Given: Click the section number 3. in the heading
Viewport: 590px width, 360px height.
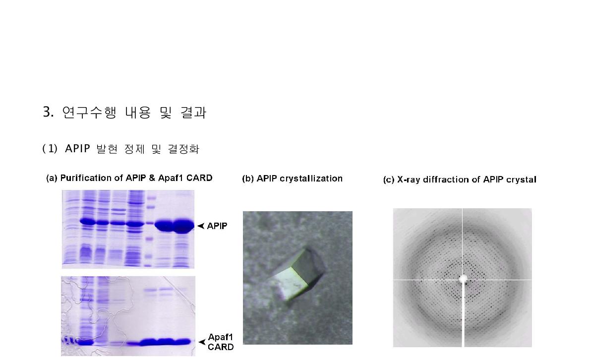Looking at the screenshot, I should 48,113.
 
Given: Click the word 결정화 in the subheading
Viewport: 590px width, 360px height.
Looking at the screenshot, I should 183,149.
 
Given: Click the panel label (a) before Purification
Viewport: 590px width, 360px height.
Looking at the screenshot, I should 52,178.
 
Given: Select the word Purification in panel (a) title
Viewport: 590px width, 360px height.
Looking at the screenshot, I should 84,178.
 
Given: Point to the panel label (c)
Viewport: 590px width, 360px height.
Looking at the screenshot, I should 389,180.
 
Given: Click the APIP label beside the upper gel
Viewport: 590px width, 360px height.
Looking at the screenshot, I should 217,226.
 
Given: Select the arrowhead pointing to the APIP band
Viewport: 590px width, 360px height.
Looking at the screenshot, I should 201,226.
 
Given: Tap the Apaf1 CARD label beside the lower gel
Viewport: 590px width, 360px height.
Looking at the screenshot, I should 221,342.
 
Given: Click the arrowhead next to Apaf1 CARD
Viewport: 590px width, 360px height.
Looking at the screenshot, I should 201,342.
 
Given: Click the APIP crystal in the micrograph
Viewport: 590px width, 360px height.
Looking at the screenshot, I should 296,275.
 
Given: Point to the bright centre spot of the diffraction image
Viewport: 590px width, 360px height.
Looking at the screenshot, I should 463,279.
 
